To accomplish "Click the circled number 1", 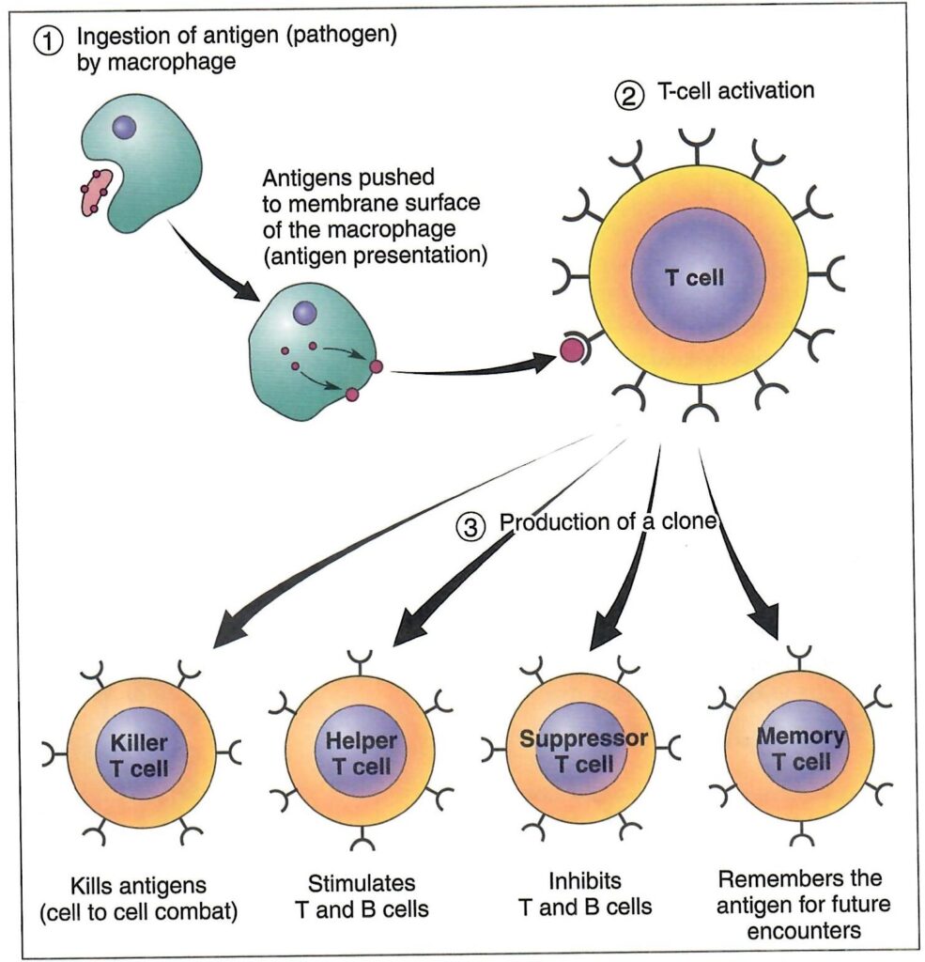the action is click(x=49, y=42).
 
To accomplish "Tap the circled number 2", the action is click(x=629, y=97).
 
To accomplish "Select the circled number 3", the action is click(x=471, y=527).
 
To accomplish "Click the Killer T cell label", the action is click(x=139, y=755).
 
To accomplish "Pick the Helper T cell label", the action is click(x=362, y=753).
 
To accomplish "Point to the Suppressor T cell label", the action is click(x=584, y=751).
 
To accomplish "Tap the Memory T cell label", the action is click(x=801, y=749).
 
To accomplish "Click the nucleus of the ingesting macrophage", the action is click(x=125, y=127).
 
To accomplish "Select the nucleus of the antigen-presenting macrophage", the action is click(x=305, y=313).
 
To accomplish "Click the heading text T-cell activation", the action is click(x=736, y=91).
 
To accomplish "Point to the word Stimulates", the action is click(x=362, y=883).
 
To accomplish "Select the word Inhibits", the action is click(x=584, y=880).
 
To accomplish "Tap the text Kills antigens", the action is click(x=138, y=886).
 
